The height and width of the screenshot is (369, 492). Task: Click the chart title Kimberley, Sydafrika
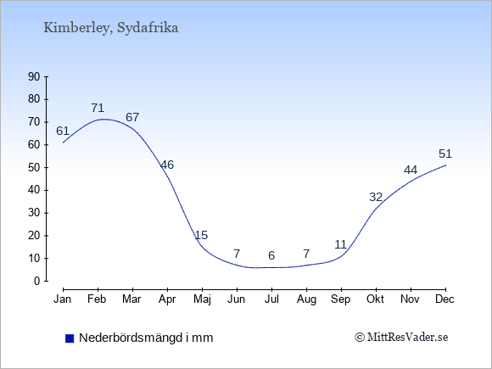111,28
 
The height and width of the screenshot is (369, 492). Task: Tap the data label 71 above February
98,108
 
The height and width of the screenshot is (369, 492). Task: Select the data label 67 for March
132,117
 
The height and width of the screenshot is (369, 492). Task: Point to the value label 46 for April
167,165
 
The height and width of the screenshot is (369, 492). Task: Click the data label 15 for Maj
201,235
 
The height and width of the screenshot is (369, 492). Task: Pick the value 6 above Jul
271,255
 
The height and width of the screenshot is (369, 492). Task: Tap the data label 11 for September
340,244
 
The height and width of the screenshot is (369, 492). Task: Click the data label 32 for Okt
376,197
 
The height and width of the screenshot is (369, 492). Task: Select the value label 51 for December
445,154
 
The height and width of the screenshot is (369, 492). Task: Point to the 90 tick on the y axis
34,76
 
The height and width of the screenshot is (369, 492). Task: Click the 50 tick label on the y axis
34,168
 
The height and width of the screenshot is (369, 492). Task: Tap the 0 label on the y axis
37,281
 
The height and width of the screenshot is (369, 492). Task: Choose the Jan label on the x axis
63,299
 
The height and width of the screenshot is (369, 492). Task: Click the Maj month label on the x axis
202,299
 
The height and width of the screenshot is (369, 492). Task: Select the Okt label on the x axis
375,299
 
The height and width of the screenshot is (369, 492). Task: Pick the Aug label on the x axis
306,299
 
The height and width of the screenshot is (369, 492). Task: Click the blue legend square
70,338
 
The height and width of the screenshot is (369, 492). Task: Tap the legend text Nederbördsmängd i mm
146,338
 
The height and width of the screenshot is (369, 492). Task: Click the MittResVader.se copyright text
401,338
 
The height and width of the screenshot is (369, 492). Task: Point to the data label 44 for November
411,170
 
